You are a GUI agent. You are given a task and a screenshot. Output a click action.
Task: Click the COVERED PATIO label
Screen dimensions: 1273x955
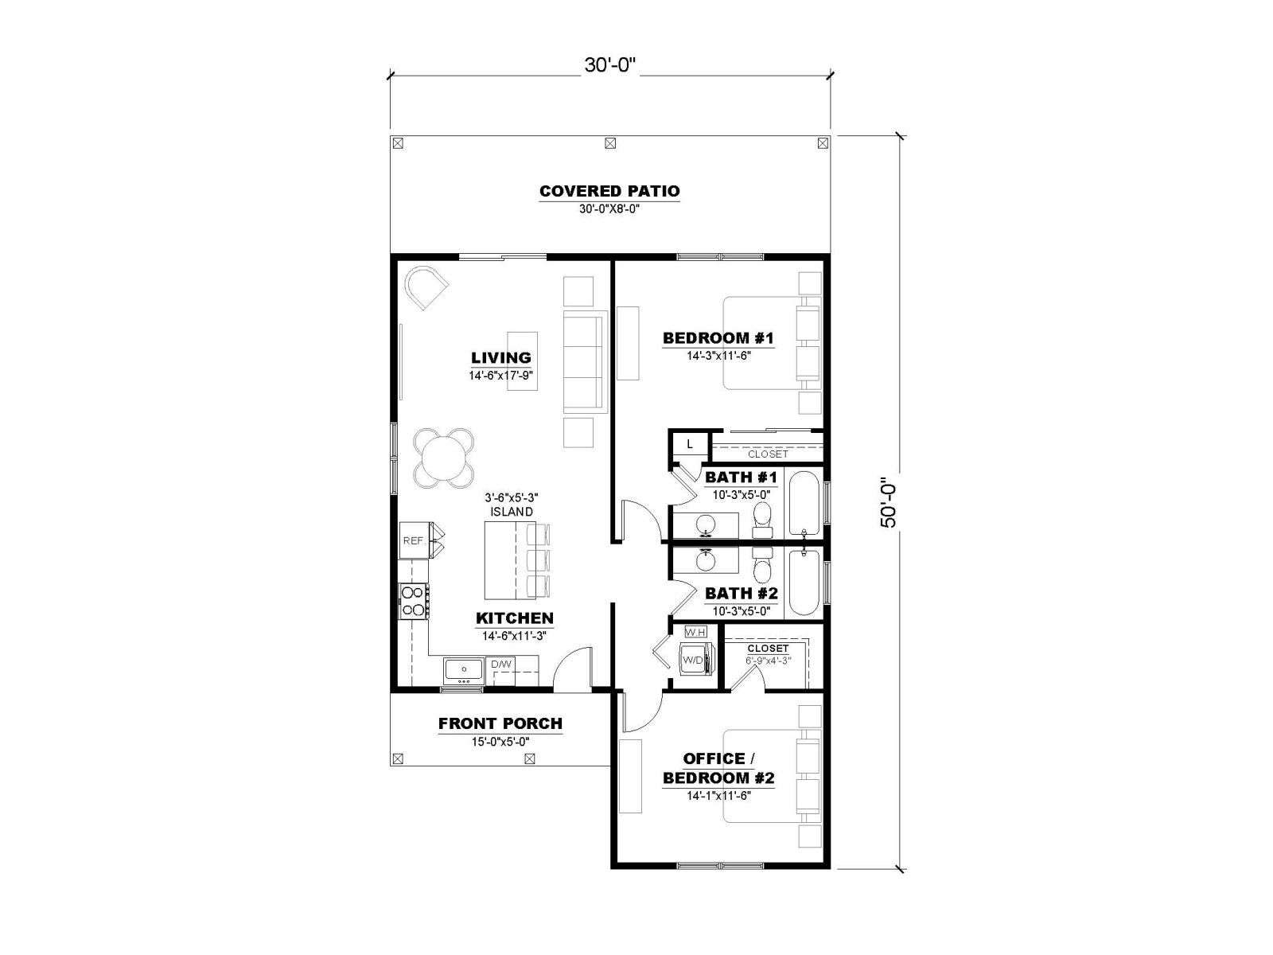[x=609, y=191]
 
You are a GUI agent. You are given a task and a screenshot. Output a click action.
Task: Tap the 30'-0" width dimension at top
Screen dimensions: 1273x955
[x=610, y=65]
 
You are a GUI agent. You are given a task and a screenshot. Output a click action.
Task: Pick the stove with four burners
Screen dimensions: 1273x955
[x=414, y=602]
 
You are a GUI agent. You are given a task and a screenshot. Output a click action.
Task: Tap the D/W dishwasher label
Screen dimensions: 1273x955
[x=501, y=665]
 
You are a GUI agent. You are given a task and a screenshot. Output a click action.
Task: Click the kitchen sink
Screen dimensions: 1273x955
[x=463, y=671]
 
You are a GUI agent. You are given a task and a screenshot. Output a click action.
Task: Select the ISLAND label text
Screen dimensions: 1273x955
[x=512, y=512]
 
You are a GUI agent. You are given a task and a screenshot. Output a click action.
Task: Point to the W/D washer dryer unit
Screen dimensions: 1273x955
[x=696, y=660]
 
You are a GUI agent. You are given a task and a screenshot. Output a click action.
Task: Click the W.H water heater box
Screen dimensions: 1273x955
[x=695, y=632]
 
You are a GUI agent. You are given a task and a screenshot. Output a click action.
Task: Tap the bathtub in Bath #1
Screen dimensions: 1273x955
[x=804, y=503]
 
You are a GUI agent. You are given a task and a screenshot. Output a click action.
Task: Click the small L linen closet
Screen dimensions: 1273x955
[x=690, y=445]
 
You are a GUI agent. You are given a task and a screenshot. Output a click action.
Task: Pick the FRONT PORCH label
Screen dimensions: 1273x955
[x=500, y=723]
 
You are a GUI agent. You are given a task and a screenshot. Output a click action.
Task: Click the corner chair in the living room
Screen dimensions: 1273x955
[x=426, y=287]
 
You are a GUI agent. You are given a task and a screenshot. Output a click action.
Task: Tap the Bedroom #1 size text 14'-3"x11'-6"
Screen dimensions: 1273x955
[x=719, y=356]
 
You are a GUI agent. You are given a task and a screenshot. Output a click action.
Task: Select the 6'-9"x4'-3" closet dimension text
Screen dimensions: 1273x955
[x=769, y=660]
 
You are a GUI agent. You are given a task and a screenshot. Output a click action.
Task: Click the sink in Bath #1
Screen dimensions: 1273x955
[x=705, y=524]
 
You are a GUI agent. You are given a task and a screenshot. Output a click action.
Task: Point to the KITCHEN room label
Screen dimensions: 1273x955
[x=515, y=618]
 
